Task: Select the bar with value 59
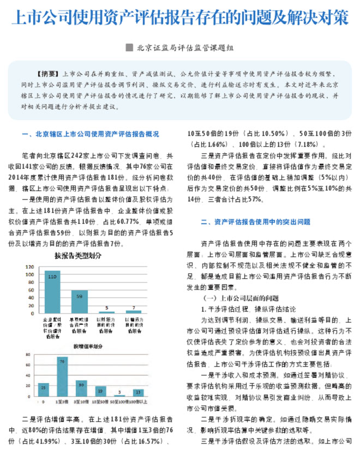tap(80, 301)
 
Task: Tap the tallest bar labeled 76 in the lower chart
tap(62, 377)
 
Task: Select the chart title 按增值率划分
tap(87, 346)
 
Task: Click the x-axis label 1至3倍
tap(63, 401)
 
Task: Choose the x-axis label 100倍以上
tap(139, 401)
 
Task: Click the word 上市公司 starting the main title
tap(33, 17)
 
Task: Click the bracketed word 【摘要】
tap(47, 73)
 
